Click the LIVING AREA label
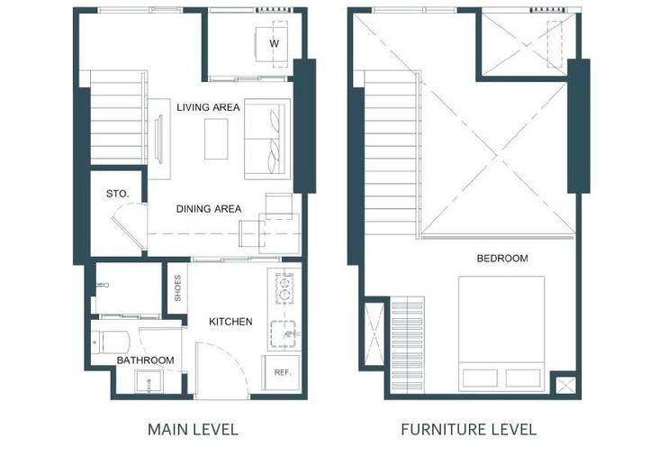pos(208,107)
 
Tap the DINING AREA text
pos(209,209)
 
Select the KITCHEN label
pos(230,322)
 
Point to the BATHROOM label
pos(146,360)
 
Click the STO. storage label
pos(118,194)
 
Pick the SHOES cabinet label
pos(177,288)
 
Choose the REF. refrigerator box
pos(282,373)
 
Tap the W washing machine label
pos(274,43)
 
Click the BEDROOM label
pos(502,259)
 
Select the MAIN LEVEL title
pos(194,430)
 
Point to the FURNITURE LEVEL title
pos(469,430)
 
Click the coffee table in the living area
pos(216,139)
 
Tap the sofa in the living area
pos(267,139)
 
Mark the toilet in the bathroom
pos(110,342)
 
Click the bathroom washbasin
pos(149,382)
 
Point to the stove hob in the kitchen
pos(284,288)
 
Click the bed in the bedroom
pos(501,333)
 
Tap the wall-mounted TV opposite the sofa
pos(159,139)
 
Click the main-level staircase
pos(119,118)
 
